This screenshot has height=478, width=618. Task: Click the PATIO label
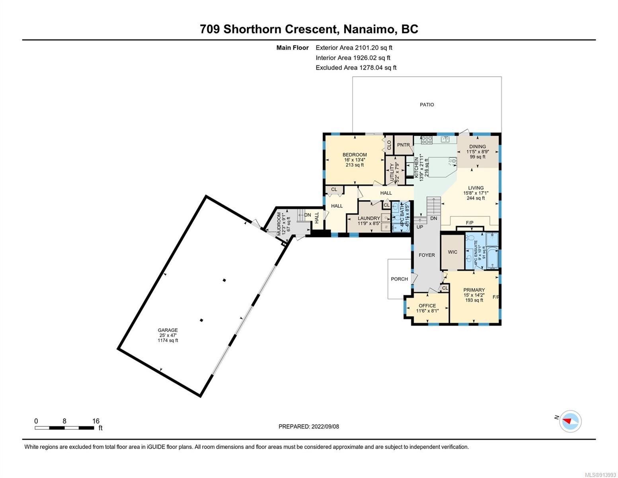(x=427, y=105)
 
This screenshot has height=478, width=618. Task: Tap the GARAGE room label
(x=168, y=330)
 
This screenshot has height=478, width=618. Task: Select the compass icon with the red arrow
(x=570, y=421)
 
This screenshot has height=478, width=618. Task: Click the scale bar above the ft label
(x=64, y=428)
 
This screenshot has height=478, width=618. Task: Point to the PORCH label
(x=399, y=279)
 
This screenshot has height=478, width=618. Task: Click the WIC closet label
(x=452, y=252)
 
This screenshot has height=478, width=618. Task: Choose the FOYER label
(x=427, y=255)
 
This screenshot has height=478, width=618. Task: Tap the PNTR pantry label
(x=404, y=145)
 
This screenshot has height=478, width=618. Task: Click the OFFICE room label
(x=427, y=306)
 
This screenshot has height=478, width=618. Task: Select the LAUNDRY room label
(x=368, y=218)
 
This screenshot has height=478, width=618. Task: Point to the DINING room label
(x=478, y=147)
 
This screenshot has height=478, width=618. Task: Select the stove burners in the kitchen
(x=427, y=140)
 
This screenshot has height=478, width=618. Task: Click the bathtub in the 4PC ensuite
(x=492, y=258)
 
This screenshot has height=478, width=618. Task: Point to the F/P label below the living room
(x=470, y=223)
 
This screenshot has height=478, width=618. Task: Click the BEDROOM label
(x=355, y=155)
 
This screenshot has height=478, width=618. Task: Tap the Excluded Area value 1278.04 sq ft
(x=378, y=68)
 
